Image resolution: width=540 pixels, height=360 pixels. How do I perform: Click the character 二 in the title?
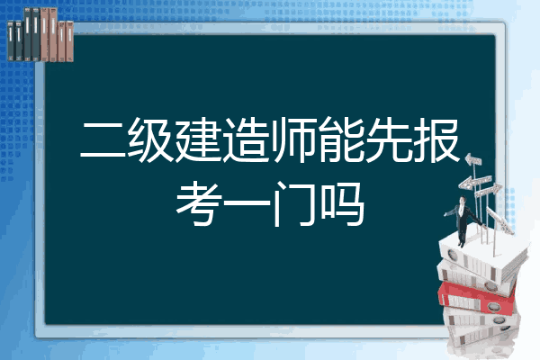[103, 139]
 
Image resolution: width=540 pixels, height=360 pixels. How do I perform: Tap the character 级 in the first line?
[150, 139]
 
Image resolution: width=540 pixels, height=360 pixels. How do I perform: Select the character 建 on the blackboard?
[198, 139]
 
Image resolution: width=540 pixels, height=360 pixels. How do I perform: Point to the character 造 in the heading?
[245, 139]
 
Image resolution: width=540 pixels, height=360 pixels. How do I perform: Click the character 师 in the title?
[292, 139]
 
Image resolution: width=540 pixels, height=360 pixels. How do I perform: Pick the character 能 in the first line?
[340, 139]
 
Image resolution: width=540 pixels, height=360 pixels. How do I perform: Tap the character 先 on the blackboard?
[388, 139]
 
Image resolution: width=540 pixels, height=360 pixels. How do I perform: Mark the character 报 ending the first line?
[436, 139]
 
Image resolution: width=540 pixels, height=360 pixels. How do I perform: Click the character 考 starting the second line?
[198, 204]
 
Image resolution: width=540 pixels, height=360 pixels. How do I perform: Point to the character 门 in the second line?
[293, 204]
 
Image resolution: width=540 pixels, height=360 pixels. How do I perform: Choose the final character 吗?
[341, 204]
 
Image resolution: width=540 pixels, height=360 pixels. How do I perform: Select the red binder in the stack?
[476, 298]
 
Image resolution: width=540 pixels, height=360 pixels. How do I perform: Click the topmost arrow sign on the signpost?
[473, 159]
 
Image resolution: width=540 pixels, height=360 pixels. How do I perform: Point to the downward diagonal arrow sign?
[499, 220]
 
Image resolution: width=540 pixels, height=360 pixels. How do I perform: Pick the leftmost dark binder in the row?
[11, 40]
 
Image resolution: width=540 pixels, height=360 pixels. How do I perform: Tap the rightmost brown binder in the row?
[70, 41]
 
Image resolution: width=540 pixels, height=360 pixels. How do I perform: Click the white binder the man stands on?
[482, 256]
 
